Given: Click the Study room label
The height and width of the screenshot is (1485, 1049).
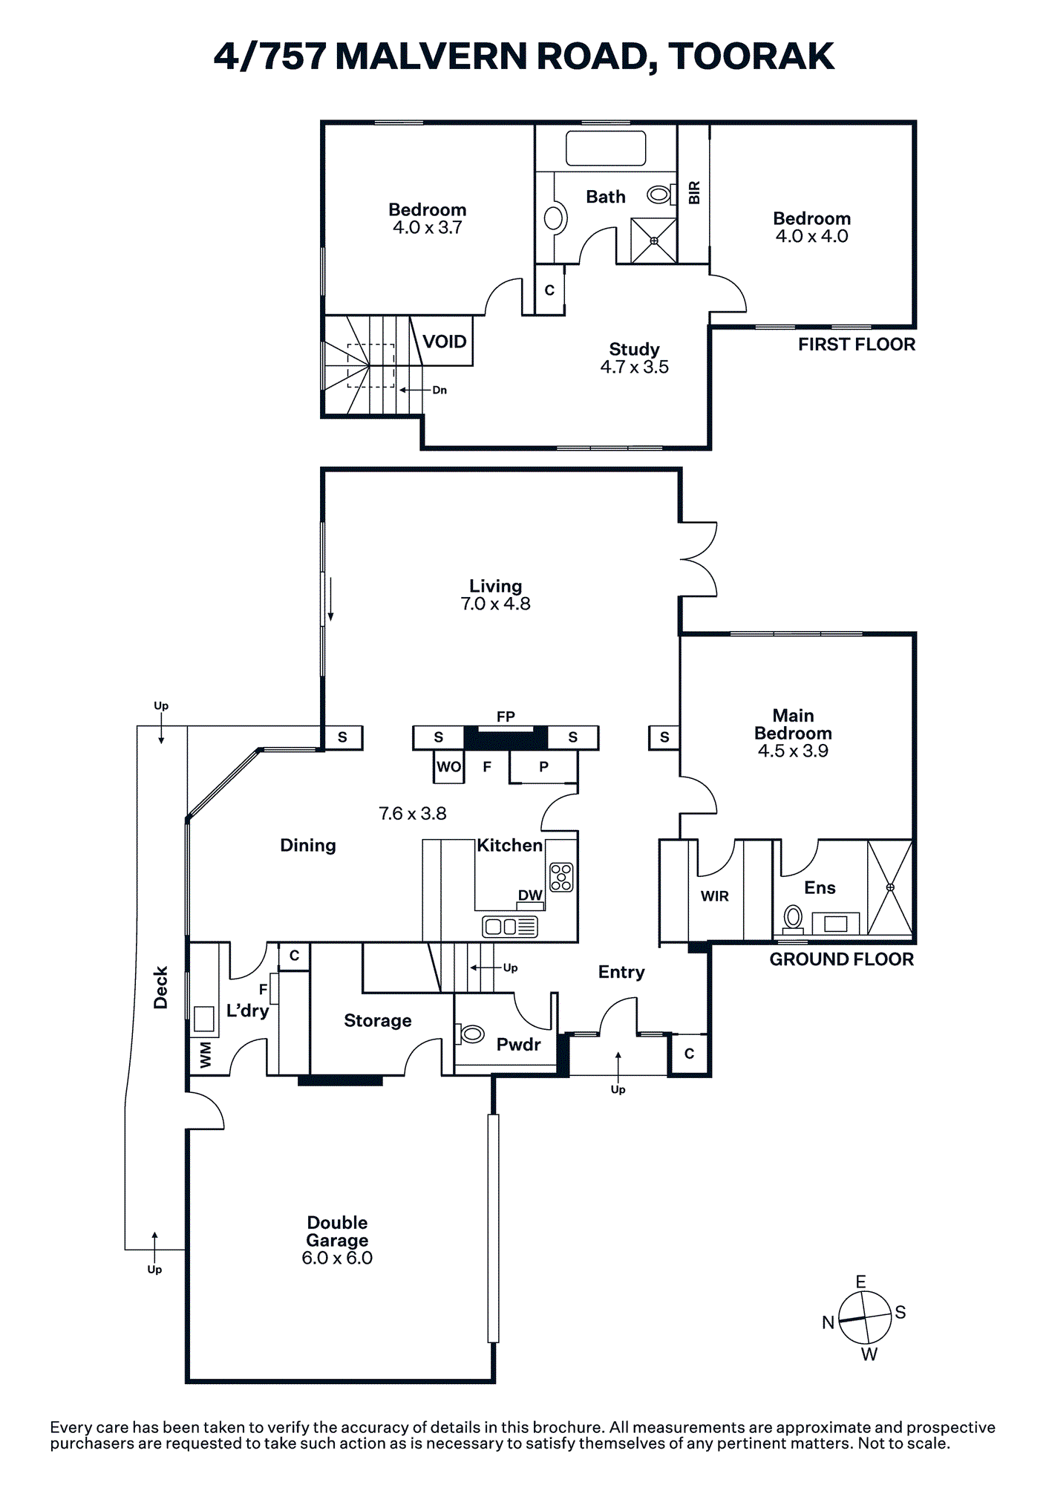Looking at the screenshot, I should click(634, 349).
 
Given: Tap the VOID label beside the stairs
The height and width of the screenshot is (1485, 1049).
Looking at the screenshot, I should click(445, 342).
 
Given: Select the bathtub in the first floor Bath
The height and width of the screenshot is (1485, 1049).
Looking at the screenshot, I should click(606, 148).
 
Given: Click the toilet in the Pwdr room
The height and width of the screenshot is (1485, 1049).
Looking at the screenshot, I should click(471, 1034).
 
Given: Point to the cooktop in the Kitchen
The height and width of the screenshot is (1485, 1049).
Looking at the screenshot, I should click(561, 876).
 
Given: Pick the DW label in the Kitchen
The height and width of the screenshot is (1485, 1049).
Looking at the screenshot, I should click(530, 895).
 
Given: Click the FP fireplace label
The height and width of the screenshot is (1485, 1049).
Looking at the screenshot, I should click(506, 717).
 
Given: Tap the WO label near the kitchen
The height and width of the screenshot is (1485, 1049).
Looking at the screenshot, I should click(448, 767).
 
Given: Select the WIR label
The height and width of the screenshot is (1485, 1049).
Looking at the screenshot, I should click(715, 896).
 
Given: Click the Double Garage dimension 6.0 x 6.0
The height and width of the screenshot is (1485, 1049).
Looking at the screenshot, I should click(337, 1258).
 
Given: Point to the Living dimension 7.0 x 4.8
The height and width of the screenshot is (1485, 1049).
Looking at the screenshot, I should click(495, 604).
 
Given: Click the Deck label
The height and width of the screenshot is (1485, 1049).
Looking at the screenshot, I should click(160, 988).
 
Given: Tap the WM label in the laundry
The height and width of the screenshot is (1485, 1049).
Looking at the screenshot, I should click(206, 1054).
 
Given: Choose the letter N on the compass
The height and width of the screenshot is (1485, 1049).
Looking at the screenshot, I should click(829, 1322).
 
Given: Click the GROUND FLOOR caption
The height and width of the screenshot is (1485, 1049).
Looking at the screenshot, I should click(841, 959).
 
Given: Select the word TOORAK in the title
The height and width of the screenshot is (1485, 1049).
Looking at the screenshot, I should click(751, 56).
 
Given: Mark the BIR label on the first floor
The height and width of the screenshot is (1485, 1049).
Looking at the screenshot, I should click(694, 193).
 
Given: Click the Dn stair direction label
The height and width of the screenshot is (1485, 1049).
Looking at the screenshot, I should click(439, 391).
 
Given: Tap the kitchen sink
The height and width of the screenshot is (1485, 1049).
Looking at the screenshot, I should click(510, 927).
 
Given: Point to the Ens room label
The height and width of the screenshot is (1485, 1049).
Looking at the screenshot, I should click(820, 887).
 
